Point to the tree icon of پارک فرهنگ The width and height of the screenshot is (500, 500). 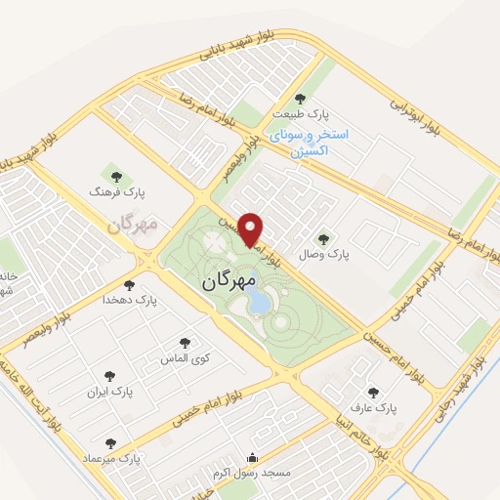tap(117, 177)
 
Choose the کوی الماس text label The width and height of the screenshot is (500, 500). tap(181, 358)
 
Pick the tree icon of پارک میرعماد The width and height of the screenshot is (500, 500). tap(109, 443)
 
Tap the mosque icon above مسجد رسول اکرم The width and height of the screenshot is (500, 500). tap(253, 457)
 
